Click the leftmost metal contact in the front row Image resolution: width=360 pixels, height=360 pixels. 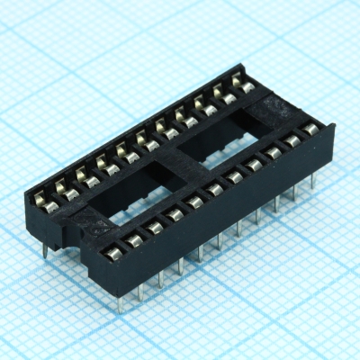(113, 249)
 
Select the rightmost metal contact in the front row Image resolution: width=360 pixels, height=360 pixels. (310, 129)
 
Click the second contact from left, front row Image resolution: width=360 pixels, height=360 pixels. (134, 238)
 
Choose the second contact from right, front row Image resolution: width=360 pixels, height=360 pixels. (291, 140)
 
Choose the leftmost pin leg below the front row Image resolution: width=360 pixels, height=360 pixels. (120, 301)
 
